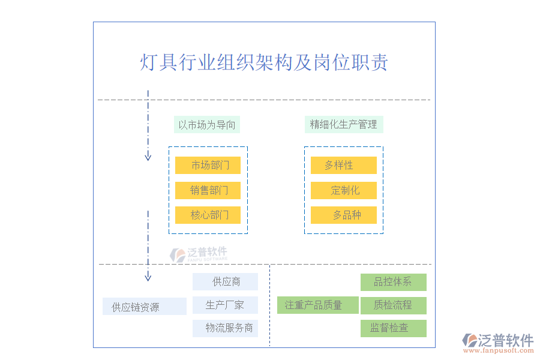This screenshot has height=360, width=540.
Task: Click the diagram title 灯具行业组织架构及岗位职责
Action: (x=264, y=62)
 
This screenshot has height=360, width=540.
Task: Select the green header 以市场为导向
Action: (x=206, y=125)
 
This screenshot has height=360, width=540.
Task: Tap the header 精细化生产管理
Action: (x=343, y=125)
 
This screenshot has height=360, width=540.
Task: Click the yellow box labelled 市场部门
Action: (x=208, y=166)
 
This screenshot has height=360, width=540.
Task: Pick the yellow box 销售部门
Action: (x=208, y=191)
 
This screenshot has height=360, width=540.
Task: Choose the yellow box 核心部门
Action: (x=208, y=215)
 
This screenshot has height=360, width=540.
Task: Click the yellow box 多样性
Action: (x=343, y=166)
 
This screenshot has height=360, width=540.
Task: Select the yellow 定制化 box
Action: (x=343, y=191)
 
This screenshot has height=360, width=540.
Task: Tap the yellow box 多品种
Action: (x=343, y=215)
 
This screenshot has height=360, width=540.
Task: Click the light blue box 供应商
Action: (x=225, y=282)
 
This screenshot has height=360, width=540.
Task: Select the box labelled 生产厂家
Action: (x=225, y=305)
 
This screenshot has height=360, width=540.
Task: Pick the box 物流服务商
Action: (x=225, y=328)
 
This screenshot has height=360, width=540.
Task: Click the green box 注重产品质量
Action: (x=317, y=305)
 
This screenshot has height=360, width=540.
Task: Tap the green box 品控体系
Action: (x=393, y=282)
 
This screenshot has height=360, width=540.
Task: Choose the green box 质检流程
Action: (x=393, y=305)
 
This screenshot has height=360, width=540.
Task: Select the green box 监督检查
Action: (x=393, y=328)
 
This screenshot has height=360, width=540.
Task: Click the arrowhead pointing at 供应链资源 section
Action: (x=148, y=277)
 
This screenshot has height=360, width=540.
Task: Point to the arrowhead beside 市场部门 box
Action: (x=148, y=157)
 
